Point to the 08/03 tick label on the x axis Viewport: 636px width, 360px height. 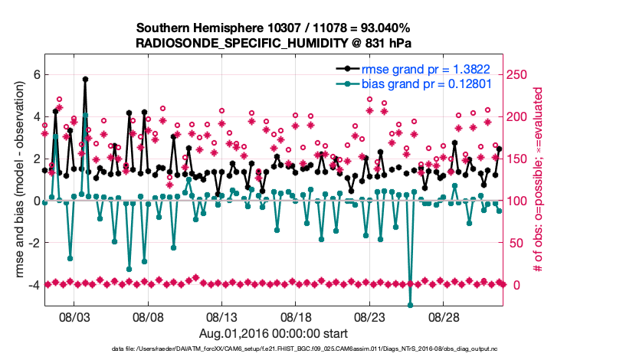tap(74, 316)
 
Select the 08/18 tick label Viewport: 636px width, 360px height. tap(295, 316)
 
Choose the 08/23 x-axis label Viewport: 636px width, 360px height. tap(369, 316)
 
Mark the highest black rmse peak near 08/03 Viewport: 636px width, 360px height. tap(85, 79)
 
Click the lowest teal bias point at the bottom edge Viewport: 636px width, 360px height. tap(410, 305)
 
